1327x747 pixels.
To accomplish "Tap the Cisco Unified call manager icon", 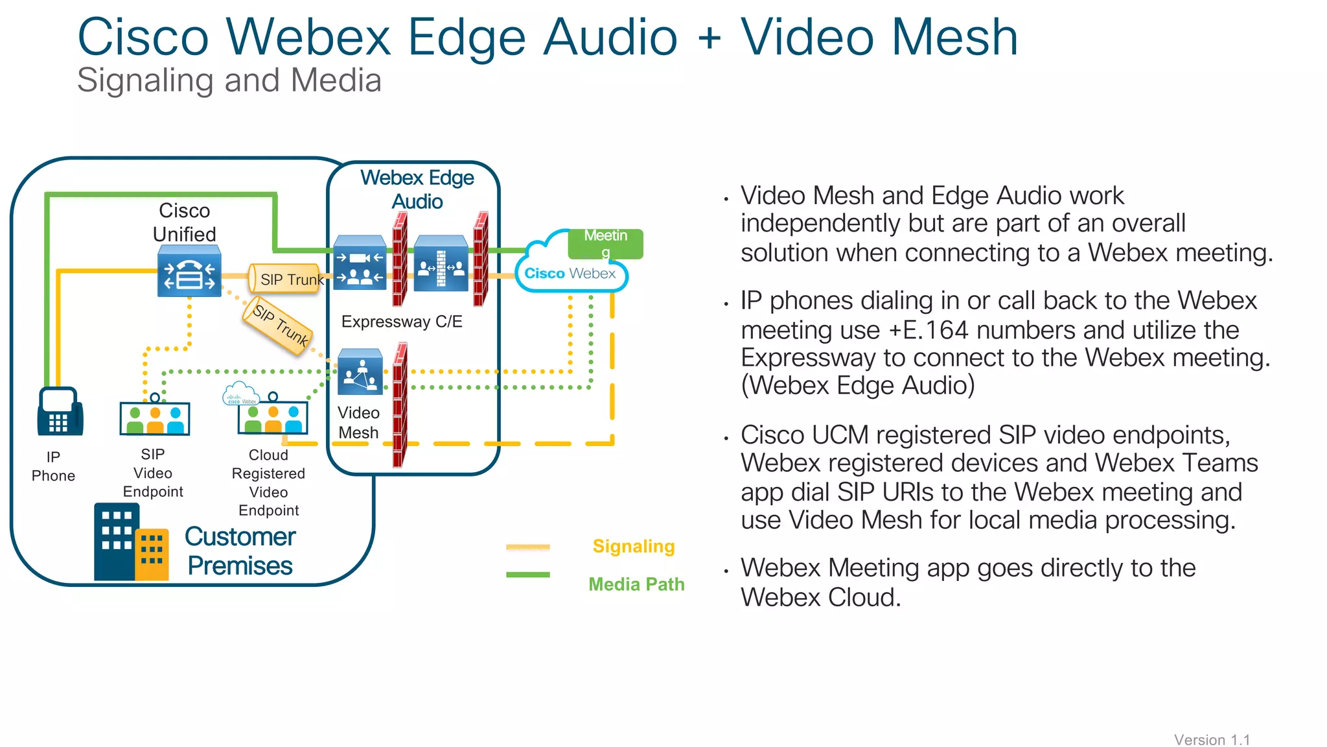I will click(x=189, y=273).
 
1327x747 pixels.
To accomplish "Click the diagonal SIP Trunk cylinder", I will click(x=278, y=326).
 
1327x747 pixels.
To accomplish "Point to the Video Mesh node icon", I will click(x=360, y=372).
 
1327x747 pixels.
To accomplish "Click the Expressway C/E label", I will click(x=402, y=322).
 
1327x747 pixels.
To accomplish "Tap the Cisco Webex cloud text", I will click(x=570, y=274).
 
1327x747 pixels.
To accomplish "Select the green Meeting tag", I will click(x=605, y=243).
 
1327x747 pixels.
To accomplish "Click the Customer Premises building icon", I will click(x=131, y=543).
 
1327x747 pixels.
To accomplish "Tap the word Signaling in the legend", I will click(x=633, y=547).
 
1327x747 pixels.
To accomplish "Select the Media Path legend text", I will click(x=636, y=584).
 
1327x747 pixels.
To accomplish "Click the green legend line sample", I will click(x=527, y=575).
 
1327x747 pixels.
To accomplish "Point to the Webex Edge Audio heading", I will click(x=417, y=189).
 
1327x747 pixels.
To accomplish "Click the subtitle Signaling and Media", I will click(x=229, y=80).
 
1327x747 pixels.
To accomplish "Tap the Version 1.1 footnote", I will click(x=1211, y=739).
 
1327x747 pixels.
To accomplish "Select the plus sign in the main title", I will click(x=710, y=38).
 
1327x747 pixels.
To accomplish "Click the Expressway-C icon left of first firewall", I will click(x=360, y=263).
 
